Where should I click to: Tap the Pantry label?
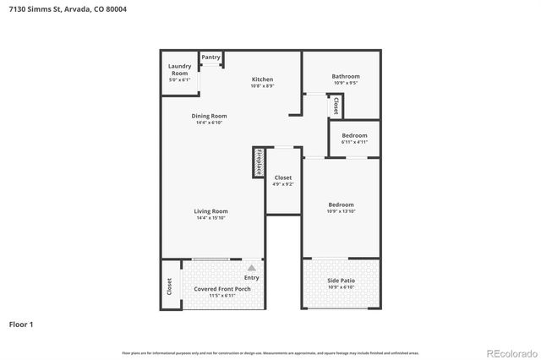tap(211, 57)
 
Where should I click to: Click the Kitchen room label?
tap(262, 79)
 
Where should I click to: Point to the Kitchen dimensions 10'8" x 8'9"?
tap(262, 86)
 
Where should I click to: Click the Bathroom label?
tap(346, 77)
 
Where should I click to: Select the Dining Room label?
tap(209, 116)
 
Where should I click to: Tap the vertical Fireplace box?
tap(259, 162)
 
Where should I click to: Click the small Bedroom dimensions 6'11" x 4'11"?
tap(354, 142)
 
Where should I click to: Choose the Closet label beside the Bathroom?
tap(336, 106)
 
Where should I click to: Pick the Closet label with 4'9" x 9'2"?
tap(283, 177)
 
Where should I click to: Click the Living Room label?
tap(211, 211)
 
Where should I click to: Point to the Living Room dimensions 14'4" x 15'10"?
tap(211, 218)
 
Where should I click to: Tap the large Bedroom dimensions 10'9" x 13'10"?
tap(341, 210)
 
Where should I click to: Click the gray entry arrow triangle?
tap(251, 268)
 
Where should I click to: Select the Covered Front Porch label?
tap(222, 289)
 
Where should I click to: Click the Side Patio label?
tap(342, 281)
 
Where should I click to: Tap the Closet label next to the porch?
tap(169, 287)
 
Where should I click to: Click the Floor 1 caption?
tap(21, 324)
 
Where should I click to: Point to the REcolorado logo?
tap(510, 352)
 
